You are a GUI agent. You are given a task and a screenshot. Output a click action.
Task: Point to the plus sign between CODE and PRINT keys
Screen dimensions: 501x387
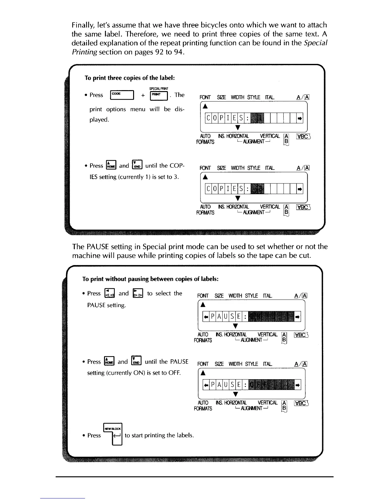(143, 95)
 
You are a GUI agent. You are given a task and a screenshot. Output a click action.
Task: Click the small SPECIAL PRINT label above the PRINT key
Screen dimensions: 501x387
(159, 89)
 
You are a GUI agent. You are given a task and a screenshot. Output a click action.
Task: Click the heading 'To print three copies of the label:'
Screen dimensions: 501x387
(130, 78)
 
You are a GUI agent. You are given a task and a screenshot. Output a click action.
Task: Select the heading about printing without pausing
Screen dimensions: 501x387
(150, 279)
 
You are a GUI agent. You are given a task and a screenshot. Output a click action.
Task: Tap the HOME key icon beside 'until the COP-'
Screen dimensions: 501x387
(112, 165)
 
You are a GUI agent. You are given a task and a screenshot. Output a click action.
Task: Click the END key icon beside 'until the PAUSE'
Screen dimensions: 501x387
(137, 361)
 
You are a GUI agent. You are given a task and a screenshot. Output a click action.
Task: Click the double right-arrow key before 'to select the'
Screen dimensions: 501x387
(138, 294)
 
